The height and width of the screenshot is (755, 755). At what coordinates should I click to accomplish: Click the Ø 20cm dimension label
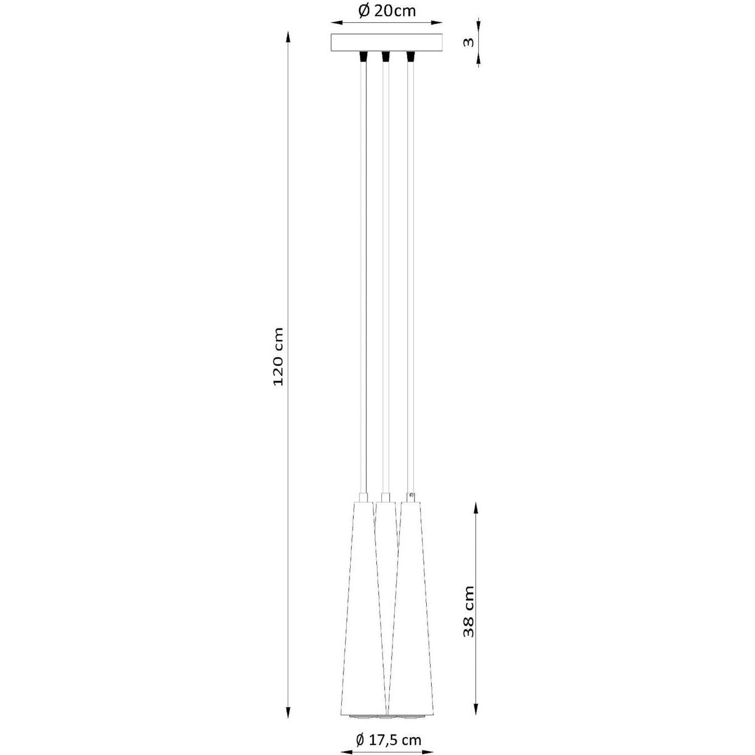coord(386,11)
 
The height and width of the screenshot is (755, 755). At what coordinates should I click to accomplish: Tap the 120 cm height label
coord(278,357)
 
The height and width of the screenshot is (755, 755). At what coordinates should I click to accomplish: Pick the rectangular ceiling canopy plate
coord(386,43)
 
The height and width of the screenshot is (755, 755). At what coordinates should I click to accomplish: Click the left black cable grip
coord(363,56)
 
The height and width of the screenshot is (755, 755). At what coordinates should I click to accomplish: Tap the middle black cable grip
coord(386,56)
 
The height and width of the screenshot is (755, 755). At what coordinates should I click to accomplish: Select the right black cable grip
coord(410,56)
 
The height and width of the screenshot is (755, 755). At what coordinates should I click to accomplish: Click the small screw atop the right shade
coord(411,496)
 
